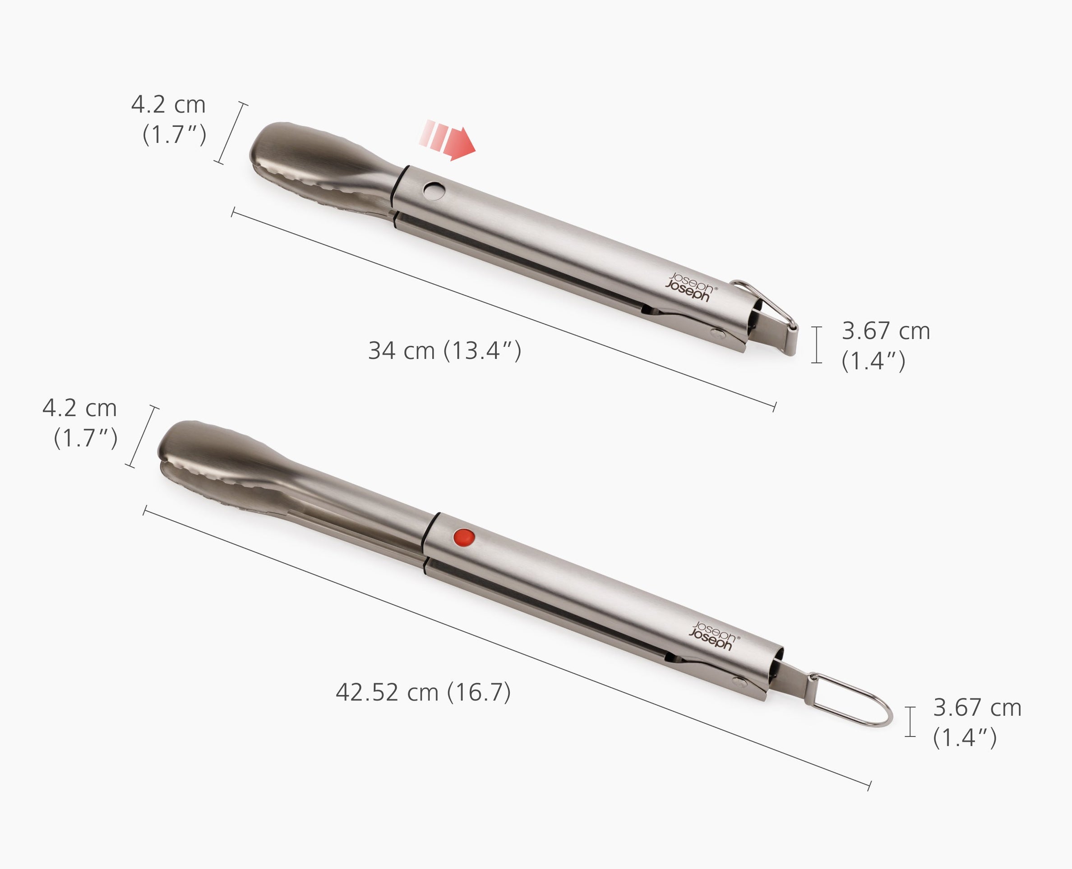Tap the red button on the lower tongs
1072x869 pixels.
tap(464, 538)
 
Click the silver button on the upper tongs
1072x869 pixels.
tap(434, 191)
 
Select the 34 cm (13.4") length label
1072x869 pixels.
tap(444, 350)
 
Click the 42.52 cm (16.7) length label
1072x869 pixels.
tap(423, 692)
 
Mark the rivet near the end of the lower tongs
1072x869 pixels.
tap(738, 681)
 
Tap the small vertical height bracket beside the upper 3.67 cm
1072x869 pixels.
tap(816, 345)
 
